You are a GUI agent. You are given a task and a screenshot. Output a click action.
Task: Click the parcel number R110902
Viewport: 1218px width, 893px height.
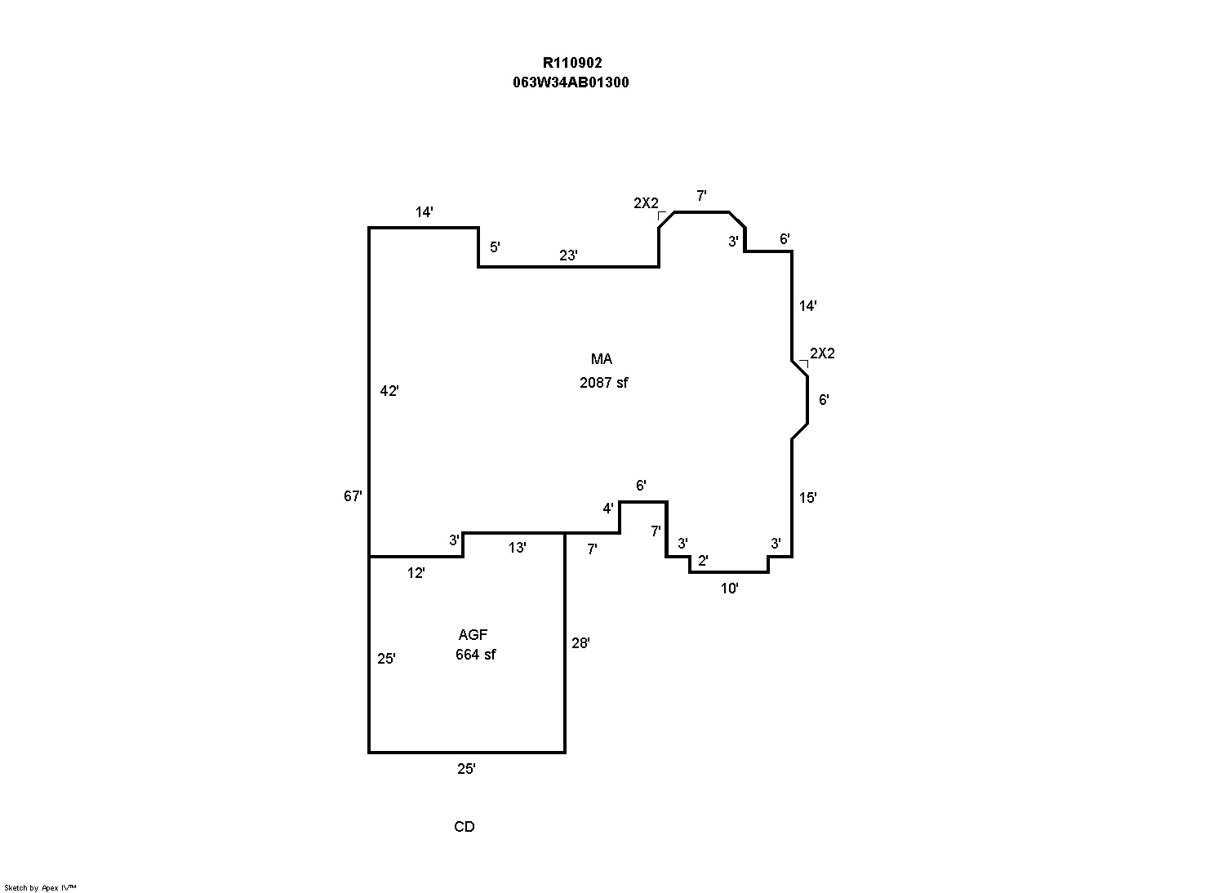pyautogui.click(x=572, y=63)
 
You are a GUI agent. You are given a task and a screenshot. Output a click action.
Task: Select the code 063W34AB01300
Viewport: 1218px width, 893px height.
pyautogui.click(x=571, y=82)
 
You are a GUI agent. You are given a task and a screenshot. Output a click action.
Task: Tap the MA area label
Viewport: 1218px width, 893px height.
pyautogui.click(x=602, y=359)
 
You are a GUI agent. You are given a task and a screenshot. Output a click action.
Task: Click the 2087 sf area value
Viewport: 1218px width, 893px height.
pyautogui.click(x=603, y=382)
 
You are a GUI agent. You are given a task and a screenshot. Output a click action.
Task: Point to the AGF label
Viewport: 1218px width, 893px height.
pyautogui.click(x=473, y=635)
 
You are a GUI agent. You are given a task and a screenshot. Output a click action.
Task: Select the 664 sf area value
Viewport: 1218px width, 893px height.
pyautogui.click(x=475, y=655)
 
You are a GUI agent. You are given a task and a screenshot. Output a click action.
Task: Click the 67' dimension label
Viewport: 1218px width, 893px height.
pyautogui.click(x=353, y=495)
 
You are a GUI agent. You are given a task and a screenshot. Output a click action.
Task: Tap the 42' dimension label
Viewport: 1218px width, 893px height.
pyautogui.click(x=389, y=391)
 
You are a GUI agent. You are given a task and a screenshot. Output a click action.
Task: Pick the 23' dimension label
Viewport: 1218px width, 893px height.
pyautogui.click(x=568, y=255)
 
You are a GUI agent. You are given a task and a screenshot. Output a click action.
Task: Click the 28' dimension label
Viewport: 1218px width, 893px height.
pyautogui.click(x=580, y=643)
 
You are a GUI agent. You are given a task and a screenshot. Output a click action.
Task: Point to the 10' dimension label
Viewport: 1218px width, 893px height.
pyautogui.click(x=729, y=589)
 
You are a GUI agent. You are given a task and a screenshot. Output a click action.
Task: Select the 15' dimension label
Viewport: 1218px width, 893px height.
pyautogui.click(x=807, y=498)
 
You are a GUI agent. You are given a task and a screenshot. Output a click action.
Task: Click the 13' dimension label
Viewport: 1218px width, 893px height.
pyautogui.click(x=517, y=548)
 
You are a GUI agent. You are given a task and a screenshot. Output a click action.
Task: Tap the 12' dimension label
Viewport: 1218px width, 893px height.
pyautogui.click(x=416, y=573)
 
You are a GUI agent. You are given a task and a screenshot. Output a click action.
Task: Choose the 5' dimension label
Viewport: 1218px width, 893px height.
pyautogui.click(x=495, y=247)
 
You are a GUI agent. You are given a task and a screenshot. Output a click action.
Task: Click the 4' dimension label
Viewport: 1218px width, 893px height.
pyautogui.click(x=608, y=509)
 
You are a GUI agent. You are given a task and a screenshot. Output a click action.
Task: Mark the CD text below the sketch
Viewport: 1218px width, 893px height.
pyautogui.click(x=464, y=827)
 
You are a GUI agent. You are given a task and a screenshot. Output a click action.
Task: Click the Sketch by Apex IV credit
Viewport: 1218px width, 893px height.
pyautogui.click(x=40, y=887)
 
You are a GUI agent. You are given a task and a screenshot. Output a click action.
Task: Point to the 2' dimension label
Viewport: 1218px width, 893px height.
pyautogui.click(x=703, y=561)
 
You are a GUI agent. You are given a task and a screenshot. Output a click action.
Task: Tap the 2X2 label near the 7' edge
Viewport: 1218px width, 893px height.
pyautogui.click(x=645, y=203)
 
